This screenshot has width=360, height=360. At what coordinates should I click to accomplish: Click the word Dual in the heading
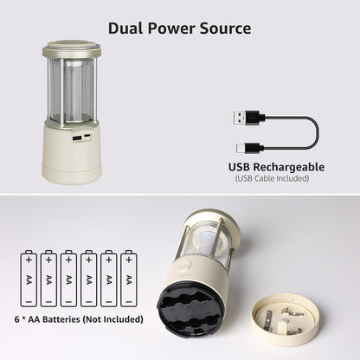pyautogui.click(x=125, y=29)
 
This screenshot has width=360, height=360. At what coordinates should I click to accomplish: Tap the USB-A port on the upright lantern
pyautogui.click(x=77, y=138)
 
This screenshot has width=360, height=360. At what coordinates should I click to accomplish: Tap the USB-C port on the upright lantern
pyautogui.click(x=87, y=136)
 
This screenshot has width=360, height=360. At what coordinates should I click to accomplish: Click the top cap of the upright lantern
pyautogui.click(x=72, y=48)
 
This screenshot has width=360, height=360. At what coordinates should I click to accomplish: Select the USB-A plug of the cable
pyautogui.click(x=248, y=118)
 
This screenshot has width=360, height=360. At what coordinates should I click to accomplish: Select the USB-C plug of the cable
pyautogui.click(x=249, y=148)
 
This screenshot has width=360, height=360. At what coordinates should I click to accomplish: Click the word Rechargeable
pyautogui.click(x=288, y=167)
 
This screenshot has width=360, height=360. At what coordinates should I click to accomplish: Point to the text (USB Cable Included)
pyautogui.click(x=272, y=178)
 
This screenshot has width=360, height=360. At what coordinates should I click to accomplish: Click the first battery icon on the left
pyautogui.click(x=29, y=279)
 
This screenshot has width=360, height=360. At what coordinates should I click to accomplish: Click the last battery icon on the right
pyautogui.click(x=129, y=279)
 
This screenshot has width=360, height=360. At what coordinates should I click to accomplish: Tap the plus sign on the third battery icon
pyautogui.click(x=68, y=260)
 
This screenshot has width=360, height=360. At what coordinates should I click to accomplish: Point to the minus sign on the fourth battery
pyautogui.click(x=88, y=301)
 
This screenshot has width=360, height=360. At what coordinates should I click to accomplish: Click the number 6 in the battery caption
pyautogui.click(x=17, y=319)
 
